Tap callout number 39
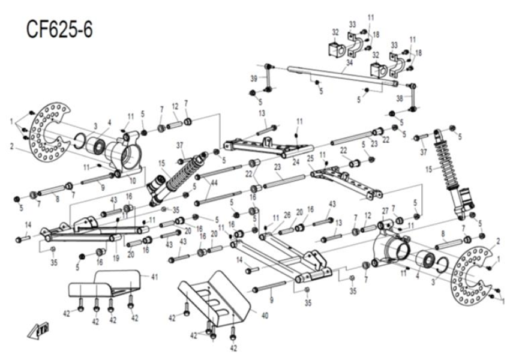254,78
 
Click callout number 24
295,162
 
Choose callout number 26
287,215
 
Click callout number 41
154,277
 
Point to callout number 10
133,181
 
